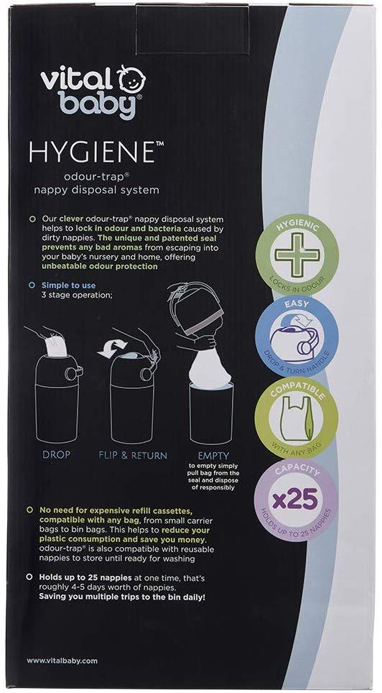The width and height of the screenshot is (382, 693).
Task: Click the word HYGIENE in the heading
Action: tap(91, 152)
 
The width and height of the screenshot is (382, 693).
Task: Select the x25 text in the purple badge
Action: tap(295, 500)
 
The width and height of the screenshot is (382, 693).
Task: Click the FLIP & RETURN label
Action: tap(133, 455)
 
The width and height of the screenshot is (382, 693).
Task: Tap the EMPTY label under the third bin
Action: tap(213, 455)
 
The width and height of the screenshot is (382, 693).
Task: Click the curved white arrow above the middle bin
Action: tap(112, 347)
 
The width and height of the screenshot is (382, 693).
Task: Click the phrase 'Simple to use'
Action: tap(68, 285)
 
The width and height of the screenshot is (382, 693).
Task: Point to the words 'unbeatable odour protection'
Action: tap(99, 266)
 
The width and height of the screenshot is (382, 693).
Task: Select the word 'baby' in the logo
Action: tap(97, 104)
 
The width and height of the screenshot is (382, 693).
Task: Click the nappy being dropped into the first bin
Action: tap(52, 343)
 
